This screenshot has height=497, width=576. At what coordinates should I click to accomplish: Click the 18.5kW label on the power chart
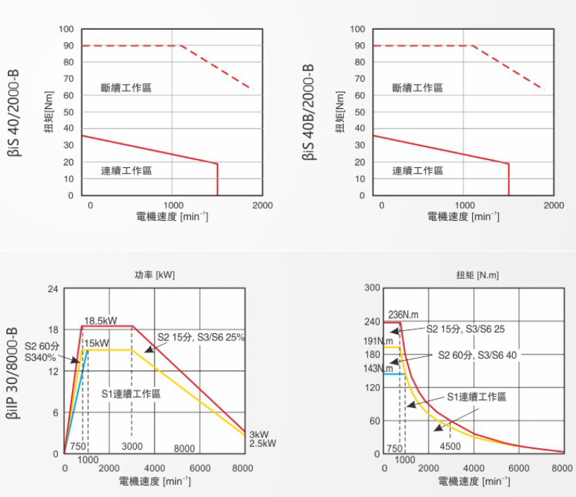[x=100, y=321]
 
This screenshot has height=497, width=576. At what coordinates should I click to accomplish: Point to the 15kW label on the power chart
[x=96, y=343]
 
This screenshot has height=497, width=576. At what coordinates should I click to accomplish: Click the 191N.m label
[x=378, y=341]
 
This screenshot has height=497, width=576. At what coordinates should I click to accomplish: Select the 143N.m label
[x=378, y=369]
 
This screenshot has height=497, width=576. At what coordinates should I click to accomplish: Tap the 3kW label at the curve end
[x=258, y=434]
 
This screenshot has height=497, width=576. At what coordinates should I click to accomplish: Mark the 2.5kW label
[x=263, y=443]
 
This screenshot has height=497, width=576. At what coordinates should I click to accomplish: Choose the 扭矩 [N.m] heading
[x=477, y=275]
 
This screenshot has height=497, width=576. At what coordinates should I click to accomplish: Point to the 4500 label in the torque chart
[x=450, y=446]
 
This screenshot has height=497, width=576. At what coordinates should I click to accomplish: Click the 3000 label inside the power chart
[x=132, y=446]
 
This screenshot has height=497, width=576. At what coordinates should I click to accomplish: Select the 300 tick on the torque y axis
[x=372, y=288]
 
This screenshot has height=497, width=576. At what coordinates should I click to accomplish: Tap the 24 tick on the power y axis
[x=53, y=289]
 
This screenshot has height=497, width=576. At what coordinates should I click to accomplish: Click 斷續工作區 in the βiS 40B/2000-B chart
[x=418, y=88]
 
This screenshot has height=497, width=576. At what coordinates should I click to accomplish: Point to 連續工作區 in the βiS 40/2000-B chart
[x=126, y=171]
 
